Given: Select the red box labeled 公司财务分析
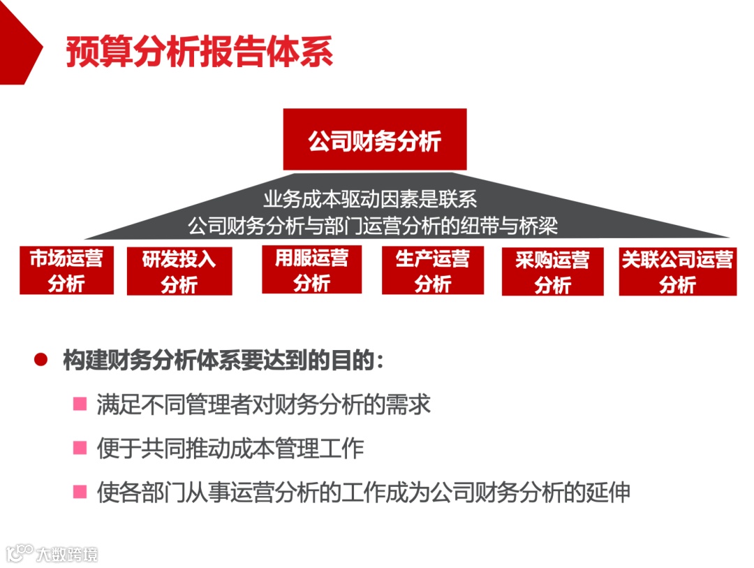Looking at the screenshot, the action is click(375, 140).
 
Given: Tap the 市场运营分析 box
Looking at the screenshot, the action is click(66, 271).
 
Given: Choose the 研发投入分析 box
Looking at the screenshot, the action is click(179, 272).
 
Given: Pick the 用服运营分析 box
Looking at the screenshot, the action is click(311, 270).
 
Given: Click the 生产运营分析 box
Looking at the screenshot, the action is click(433, 271).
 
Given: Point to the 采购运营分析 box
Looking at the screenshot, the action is click(552, 272).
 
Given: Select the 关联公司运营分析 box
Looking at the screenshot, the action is click(677, 272).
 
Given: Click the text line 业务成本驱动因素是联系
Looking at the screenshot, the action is click(370, 200).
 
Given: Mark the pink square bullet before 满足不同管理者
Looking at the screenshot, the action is click(80, 404).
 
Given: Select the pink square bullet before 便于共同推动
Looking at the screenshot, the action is click(80, 448).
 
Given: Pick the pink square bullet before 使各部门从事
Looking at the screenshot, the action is click(80, 492).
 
